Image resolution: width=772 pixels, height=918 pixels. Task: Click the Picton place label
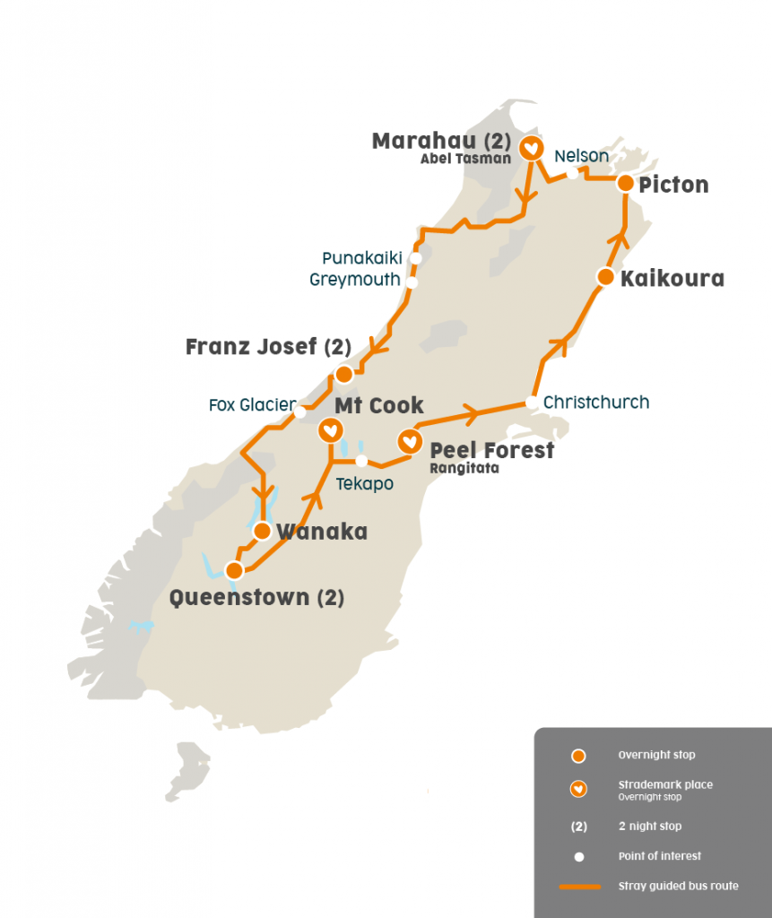[x=673, y=185]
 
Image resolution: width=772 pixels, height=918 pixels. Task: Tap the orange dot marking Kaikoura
[x=606, y=277]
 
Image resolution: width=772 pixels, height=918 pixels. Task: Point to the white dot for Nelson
[x=572, y=173]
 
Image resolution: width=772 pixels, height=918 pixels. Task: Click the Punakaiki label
[x=362, y=258]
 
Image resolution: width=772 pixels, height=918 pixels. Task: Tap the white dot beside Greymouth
[x=412, y=282]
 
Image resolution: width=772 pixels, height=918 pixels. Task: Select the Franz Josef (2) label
[x=267, y=347]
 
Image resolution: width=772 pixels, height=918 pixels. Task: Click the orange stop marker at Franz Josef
[x=343, y=374]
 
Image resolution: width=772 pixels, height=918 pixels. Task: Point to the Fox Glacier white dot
[x=300, y=413]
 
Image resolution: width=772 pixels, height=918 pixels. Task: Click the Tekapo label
[x=364, y=483]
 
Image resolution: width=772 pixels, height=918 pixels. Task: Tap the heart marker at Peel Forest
[x=410, y=440]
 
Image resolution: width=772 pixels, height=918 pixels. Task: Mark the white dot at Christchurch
[x=533, y=403]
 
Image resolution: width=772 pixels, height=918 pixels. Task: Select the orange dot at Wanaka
[x=262, y=531]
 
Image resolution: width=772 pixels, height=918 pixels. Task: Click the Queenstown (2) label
[x=256, y=597]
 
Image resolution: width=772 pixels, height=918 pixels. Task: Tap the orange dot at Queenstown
[x=234, y=570]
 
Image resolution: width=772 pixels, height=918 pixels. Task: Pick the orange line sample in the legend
[x=579, y=887]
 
